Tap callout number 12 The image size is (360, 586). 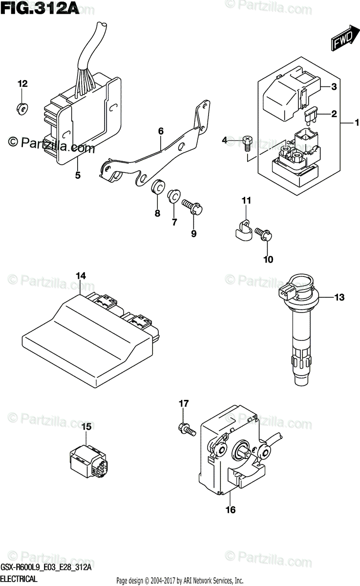click(23, 84)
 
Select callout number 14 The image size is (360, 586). click(81, 276)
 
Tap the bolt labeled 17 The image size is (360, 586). click(186, 429)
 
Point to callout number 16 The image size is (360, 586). click(231, 510)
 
